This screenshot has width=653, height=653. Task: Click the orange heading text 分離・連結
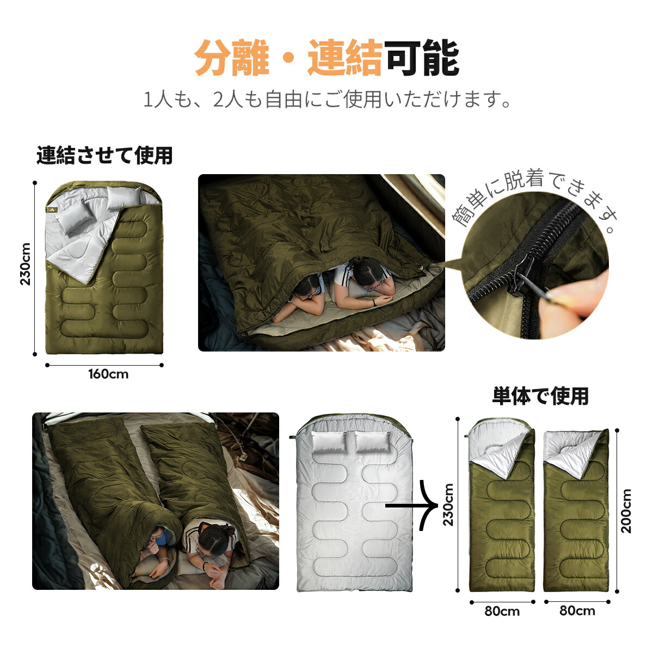[x=288, y=58]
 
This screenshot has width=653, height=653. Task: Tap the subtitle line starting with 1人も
[x=327, y=100]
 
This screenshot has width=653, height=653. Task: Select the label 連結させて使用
[x=104, y=156]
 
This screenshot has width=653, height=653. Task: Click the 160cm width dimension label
[x=108, y=374]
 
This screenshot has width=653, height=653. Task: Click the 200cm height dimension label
[x=626, y=510]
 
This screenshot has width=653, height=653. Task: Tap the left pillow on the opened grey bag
[x=328, y=442]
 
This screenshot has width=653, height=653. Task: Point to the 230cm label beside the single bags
[x=448, y=505]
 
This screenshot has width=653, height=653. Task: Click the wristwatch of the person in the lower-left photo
[x=205, y=565]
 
